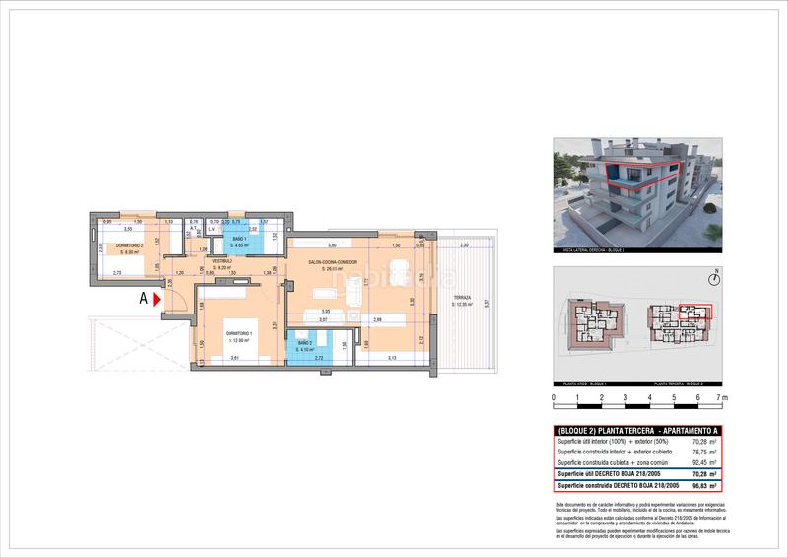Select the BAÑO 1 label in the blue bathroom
pos(239,241)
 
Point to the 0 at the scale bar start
pos(554,399)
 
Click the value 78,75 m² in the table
pos(703,453)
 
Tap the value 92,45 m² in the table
pos(703,463)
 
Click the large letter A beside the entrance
pos(144,296)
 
